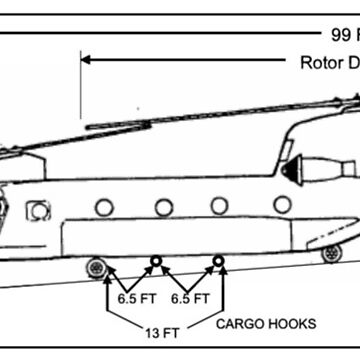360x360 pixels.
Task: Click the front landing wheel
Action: coord(97,267)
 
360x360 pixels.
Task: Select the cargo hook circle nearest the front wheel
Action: coord(155,262)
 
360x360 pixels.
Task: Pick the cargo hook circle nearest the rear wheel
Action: coord(218,262)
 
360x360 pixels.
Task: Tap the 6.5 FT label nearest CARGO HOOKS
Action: coord(188,298)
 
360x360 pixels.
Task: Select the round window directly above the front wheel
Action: coord(101,207)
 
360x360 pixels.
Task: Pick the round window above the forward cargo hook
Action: coord(161,207)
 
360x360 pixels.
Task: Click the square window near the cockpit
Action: coord(40,211)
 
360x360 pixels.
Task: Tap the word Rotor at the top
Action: coord(321,63)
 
